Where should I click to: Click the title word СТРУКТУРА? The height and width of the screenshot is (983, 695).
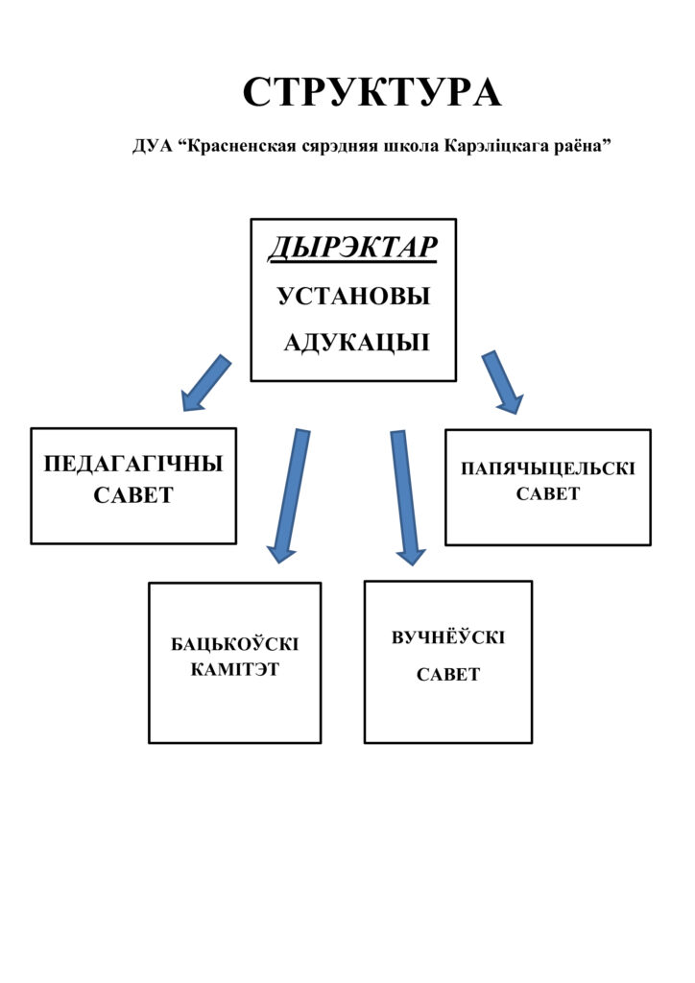pyautogui.click(x=371, y=93)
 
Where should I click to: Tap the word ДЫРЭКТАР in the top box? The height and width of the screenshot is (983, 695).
pyautogui.click(x=352, y=249)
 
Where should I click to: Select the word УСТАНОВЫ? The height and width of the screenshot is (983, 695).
pyautogui.click(x=353, y=297)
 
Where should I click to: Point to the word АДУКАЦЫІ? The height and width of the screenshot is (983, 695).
pyautogui.click(x=356, y=344)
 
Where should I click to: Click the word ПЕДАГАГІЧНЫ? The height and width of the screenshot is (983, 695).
pyautogui.click(x=133, y=465)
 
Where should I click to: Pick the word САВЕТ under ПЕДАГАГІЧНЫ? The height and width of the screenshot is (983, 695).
pyautogui.click(x=133, y=495)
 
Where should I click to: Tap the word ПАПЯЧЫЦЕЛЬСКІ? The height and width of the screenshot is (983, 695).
pyautogui.click(x=548, y=468)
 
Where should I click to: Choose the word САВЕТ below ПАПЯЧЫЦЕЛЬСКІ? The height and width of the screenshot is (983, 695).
pyautogui.click(x=548, y=494)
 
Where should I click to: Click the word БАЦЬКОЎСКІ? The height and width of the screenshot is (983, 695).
pyautogui.click(x=235, y=644)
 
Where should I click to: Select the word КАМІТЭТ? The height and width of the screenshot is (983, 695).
pyautogui.click(x=235, y=669)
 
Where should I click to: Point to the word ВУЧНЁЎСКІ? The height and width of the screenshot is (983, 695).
pyautogui.click(x=448, y=638)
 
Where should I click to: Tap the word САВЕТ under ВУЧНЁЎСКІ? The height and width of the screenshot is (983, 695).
pyautogui.click(x=448, y=675)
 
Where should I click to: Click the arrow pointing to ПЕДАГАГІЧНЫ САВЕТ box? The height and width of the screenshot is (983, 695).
pyautogui.click(x=206, y=382)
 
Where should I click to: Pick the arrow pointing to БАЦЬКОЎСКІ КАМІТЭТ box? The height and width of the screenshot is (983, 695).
pyautogui.click(x=289, y=494)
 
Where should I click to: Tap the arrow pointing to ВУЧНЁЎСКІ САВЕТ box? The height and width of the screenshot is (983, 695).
pyautogui.click(x=405, y=495)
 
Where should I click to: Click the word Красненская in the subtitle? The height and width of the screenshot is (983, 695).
pyautogui.click(x=240, y=147)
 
